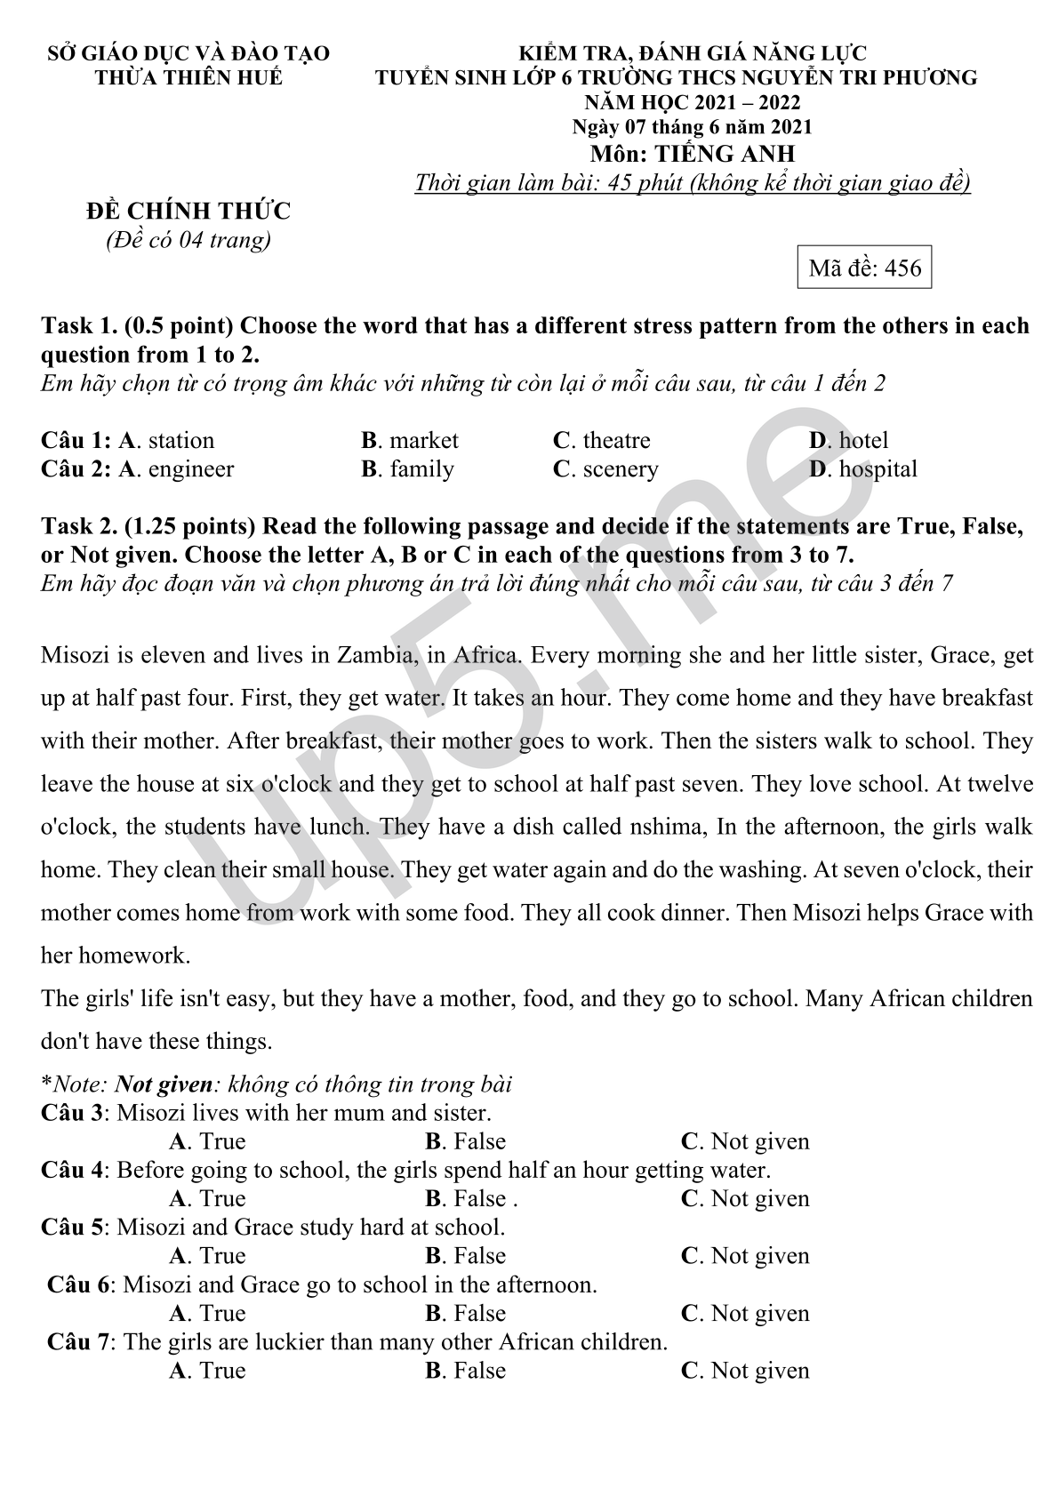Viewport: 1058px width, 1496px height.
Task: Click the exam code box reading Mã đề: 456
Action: [x=864, y=268]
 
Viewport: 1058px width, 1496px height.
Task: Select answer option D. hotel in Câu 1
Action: [x=848, y=440]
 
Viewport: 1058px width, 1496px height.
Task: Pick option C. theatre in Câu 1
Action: [x=601, y=440]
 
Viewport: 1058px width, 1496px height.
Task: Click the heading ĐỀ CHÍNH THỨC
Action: [x=188, y=212]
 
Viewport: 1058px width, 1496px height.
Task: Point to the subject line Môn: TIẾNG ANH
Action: [x=693, y=154]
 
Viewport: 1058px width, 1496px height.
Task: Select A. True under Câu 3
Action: [x=207, y=1141]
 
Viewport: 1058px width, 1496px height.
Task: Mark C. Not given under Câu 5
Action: [x=745, y=1256]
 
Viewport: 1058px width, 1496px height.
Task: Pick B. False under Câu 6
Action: [x=465, y=1313]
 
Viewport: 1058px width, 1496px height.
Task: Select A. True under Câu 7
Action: [x=207, y=1371]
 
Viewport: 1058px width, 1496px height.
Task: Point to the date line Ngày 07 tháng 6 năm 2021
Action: [x=692, y=128]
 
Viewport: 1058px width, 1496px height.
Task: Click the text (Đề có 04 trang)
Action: [x=188, y=240]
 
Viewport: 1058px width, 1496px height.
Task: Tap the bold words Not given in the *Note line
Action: [x=164, y=1084]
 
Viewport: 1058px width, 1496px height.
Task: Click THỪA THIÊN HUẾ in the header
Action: [x=188, y=77]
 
